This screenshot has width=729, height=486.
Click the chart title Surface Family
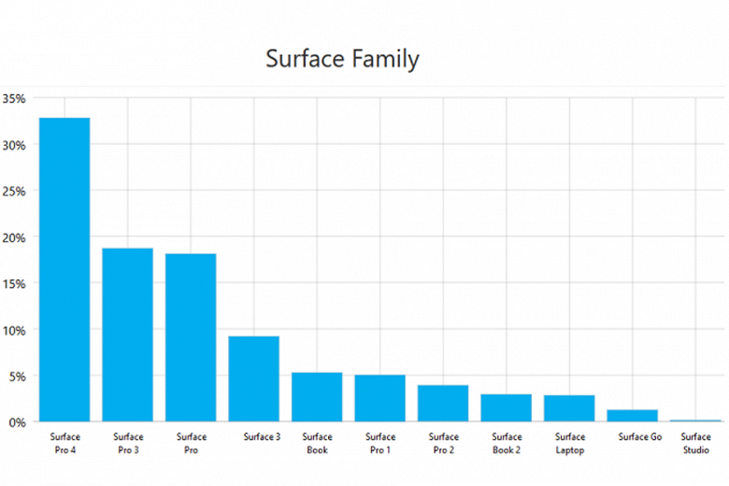click(342, 59)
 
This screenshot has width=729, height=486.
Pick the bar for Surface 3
click(254, 379)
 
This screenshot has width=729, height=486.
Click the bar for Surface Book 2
click(507, 407)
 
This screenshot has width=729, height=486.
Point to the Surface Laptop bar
click(569, 408)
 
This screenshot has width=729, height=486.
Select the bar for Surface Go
click(633, 416)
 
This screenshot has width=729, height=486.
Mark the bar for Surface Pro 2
click(443, 403)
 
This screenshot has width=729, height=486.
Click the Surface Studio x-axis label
click(695, 443)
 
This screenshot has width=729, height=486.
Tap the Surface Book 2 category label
click(507, 443)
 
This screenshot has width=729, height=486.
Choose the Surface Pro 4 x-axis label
click(64, 443)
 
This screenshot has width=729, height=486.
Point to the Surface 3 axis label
click(262, 436)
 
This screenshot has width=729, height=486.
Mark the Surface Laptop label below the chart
click(569, 443)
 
